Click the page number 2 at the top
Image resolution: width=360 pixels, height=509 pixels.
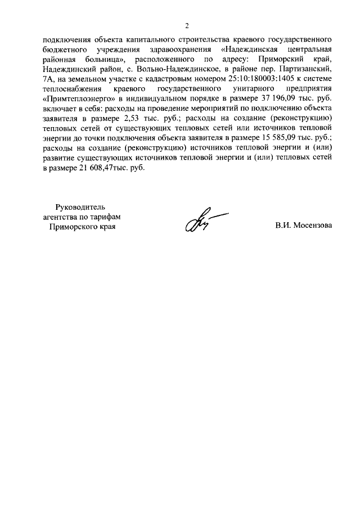[187, 25]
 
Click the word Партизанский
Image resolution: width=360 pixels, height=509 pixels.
[307, 69]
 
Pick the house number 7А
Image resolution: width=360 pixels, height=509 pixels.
[49, 79]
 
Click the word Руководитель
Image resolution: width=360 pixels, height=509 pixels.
[81, 207]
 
